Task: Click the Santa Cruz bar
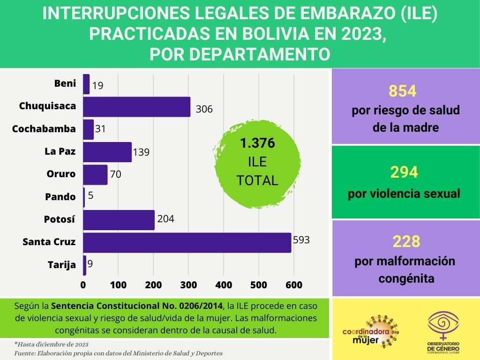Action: point(187,242)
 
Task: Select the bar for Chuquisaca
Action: point(136,106)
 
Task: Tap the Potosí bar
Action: point(119,220)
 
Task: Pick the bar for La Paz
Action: point(107,152)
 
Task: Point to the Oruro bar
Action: point(95,174)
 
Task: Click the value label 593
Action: point(301,240)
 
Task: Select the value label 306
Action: point(204,109)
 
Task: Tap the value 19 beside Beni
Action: point(98,86)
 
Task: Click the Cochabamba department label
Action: point(44,129)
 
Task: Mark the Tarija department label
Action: point(62,265)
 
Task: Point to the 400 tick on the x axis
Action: point(224,285)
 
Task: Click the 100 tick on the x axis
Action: point(118,285)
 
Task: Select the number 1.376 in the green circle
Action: point(257,143)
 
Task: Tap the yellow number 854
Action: point(403,91)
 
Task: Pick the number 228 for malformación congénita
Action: point(405,242)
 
